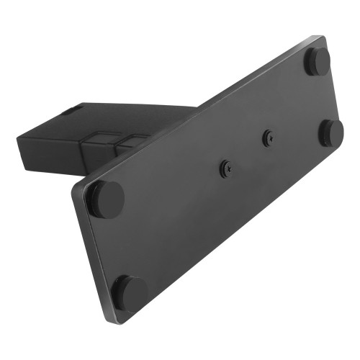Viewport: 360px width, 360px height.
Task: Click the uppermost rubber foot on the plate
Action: pyautogui.click(x=317, y=61)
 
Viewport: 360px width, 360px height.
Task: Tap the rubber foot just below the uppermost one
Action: pyautogui.click(x=330, y=132)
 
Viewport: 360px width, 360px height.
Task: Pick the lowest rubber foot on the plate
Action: pyautogui.click(x=129, y=292)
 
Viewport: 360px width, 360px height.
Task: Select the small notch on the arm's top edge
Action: pyautogui.click(x=71, y=110)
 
